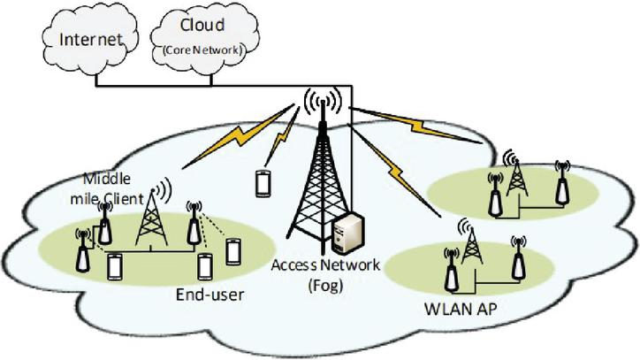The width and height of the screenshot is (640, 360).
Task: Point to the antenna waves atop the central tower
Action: pyautogui.click(x=321, y=103)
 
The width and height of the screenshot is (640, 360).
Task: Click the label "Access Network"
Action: pyautogui.click(x=326, y=265)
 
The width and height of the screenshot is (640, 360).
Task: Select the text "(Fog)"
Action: pyautogui.click(x=325, y=284)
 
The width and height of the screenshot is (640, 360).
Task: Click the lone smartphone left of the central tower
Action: pyautogui.click(x=263, y=183)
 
